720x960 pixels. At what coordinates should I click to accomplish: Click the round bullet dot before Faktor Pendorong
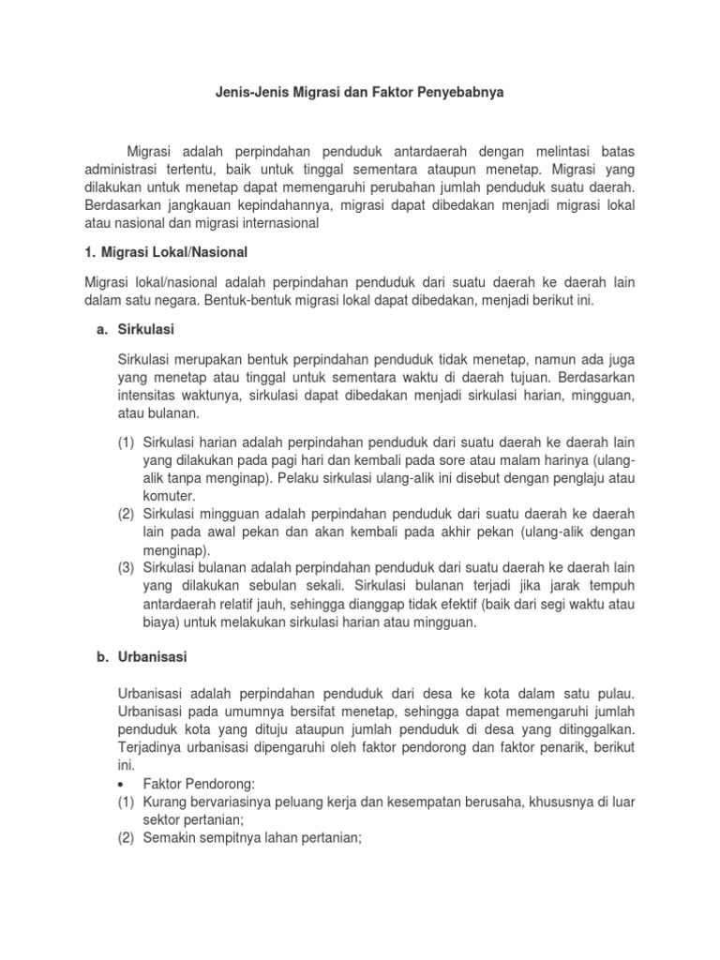(125, 784)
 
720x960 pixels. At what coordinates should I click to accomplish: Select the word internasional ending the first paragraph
(274, 223)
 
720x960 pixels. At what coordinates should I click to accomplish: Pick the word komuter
(170, 496)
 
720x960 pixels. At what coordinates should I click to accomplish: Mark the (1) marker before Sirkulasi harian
(127, 442)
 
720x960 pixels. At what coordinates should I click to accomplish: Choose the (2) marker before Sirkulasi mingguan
(127, 514)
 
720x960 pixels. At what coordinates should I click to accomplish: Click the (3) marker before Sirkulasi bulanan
(127, 568)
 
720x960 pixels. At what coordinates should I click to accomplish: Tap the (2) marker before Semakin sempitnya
(127, 837)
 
